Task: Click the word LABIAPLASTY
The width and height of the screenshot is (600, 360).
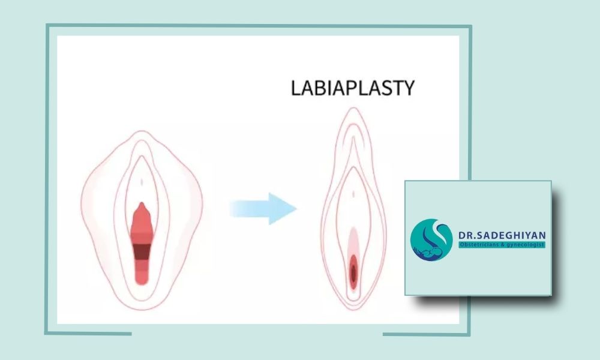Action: (x=353, y=88)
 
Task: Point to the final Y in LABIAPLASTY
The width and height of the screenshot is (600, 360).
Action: (x=409, y=88)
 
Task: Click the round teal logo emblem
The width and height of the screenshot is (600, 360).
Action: (x=431, y=240)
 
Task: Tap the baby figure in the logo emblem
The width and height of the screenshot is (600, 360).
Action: (x=430, y=253)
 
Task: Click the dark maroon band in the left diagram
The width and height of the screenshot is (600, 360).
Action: (x=142, y=252)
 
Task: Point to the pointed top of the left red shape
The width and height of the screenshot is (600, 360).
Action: (x=142, y=203)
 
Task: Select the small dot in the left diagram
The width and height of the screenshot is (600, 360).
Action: (x=142, y=182)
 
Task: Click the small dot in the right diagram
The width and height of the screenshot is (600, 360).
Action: (x=353, y=194)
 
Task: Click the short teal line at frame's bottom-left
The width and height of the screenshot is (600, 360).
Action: (x=88, y=334)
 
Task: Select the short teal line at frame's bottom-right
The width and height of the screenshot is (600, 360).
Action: (x=426, y=334)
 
